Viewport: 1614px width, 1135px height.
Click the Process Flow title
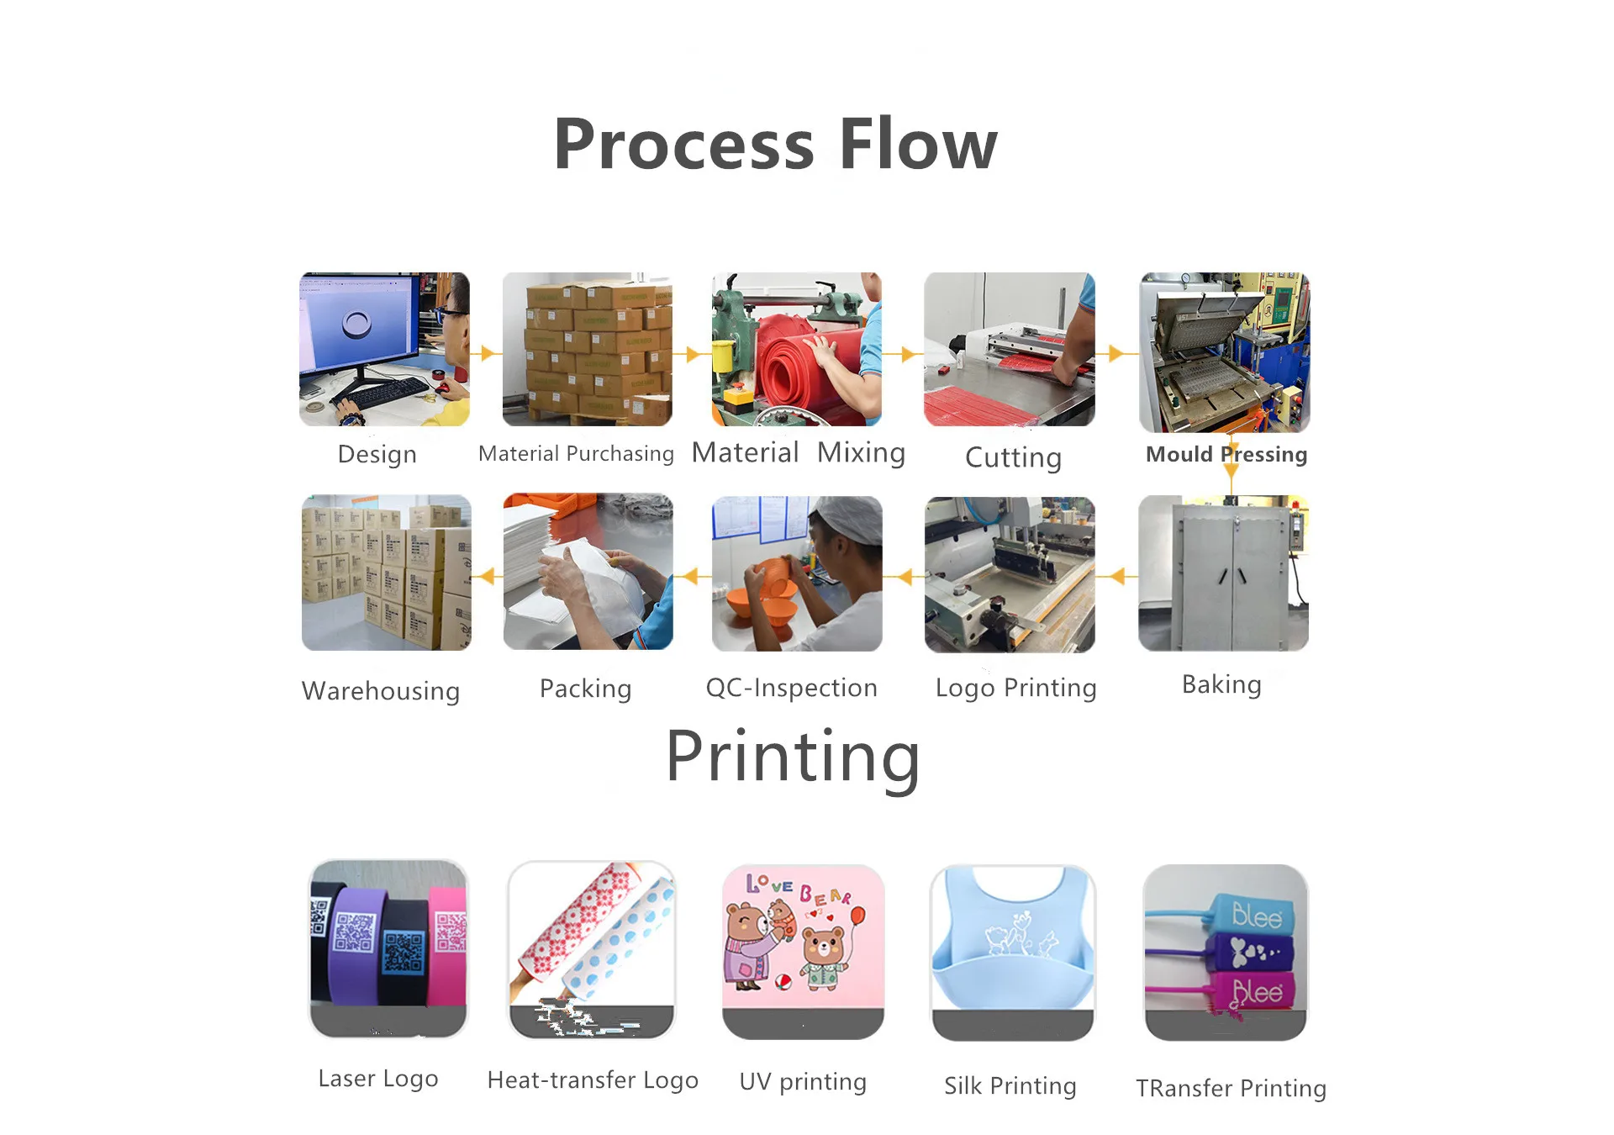coord(775,145)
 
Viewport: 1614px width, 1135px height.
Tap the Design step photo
coord(384,348)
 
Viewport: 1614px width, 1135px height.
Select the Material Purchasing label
coord(576,454)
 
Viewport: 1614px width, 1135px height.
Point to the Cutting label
coord(1013,457)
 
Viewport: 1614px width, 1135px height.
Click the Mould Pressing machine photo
coord(1224,351)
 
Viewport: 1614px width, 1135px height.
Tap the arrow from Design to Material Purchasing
coord(486,353)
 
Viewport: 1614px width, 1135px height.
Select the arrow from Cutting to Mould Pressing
coord(1116,353)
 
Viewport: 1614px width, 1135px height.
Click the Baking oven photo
coord(1223,573)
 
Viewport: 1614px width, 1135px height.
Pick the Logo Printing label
coord(1015,688)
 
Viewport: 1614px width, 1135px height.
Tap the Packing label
coord(585,689)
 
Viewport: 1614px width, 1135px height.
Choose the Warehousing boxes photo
coord(386,573)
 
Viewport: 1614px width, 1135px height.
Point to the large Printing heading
coord(793,757)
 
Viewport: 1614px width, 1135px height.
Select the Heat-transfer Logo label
coord(593,1080)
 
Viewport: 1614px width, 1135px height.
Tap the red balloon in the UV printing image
coord(857,916)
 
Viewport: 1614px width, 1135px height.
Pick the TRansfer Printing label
coord(1231,1088)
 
